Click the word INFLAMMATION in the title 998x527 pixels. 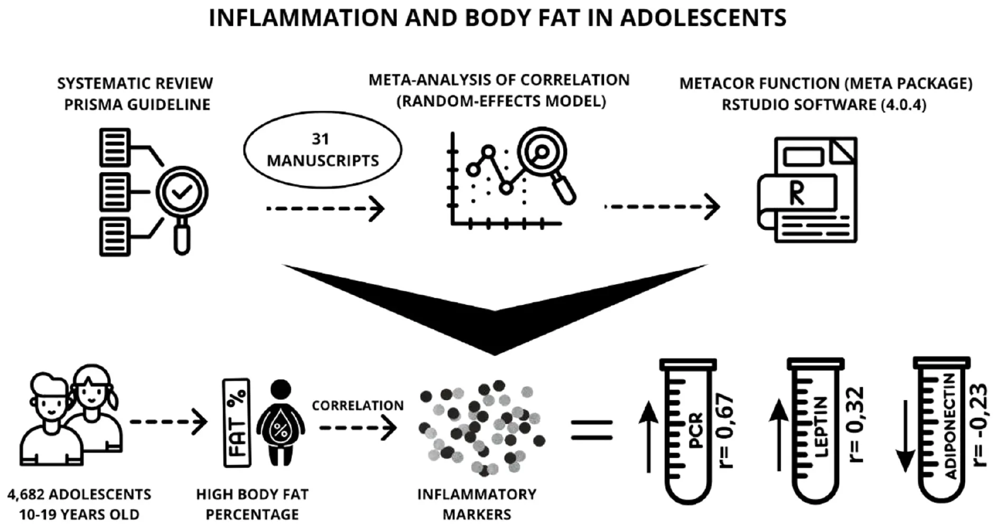pos(303,18)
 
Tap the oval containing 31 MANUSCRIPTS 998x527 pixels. pos(322,150)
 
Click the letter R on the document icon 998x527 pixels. pos(797,193)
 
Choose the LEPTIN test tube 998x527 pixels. pos(815,430)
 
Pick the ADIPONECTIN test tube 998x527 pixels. pos(941,430)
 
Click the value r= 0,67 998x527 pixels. pos(726,430)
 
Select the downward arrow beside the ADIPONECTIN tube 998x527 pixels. pos(906,436)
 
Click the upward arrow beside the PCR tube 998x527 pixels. pos(648,436)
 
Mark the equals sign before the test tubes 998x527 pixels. pos(592,430)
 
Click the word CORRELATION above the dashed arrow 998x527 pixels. pos(358,406)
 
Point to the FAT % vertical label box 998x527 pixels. pos(237,422)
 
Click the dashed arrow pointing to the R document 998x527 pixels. pos(662,206)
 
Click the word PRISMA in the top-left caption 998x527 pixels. pos(92,105)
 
